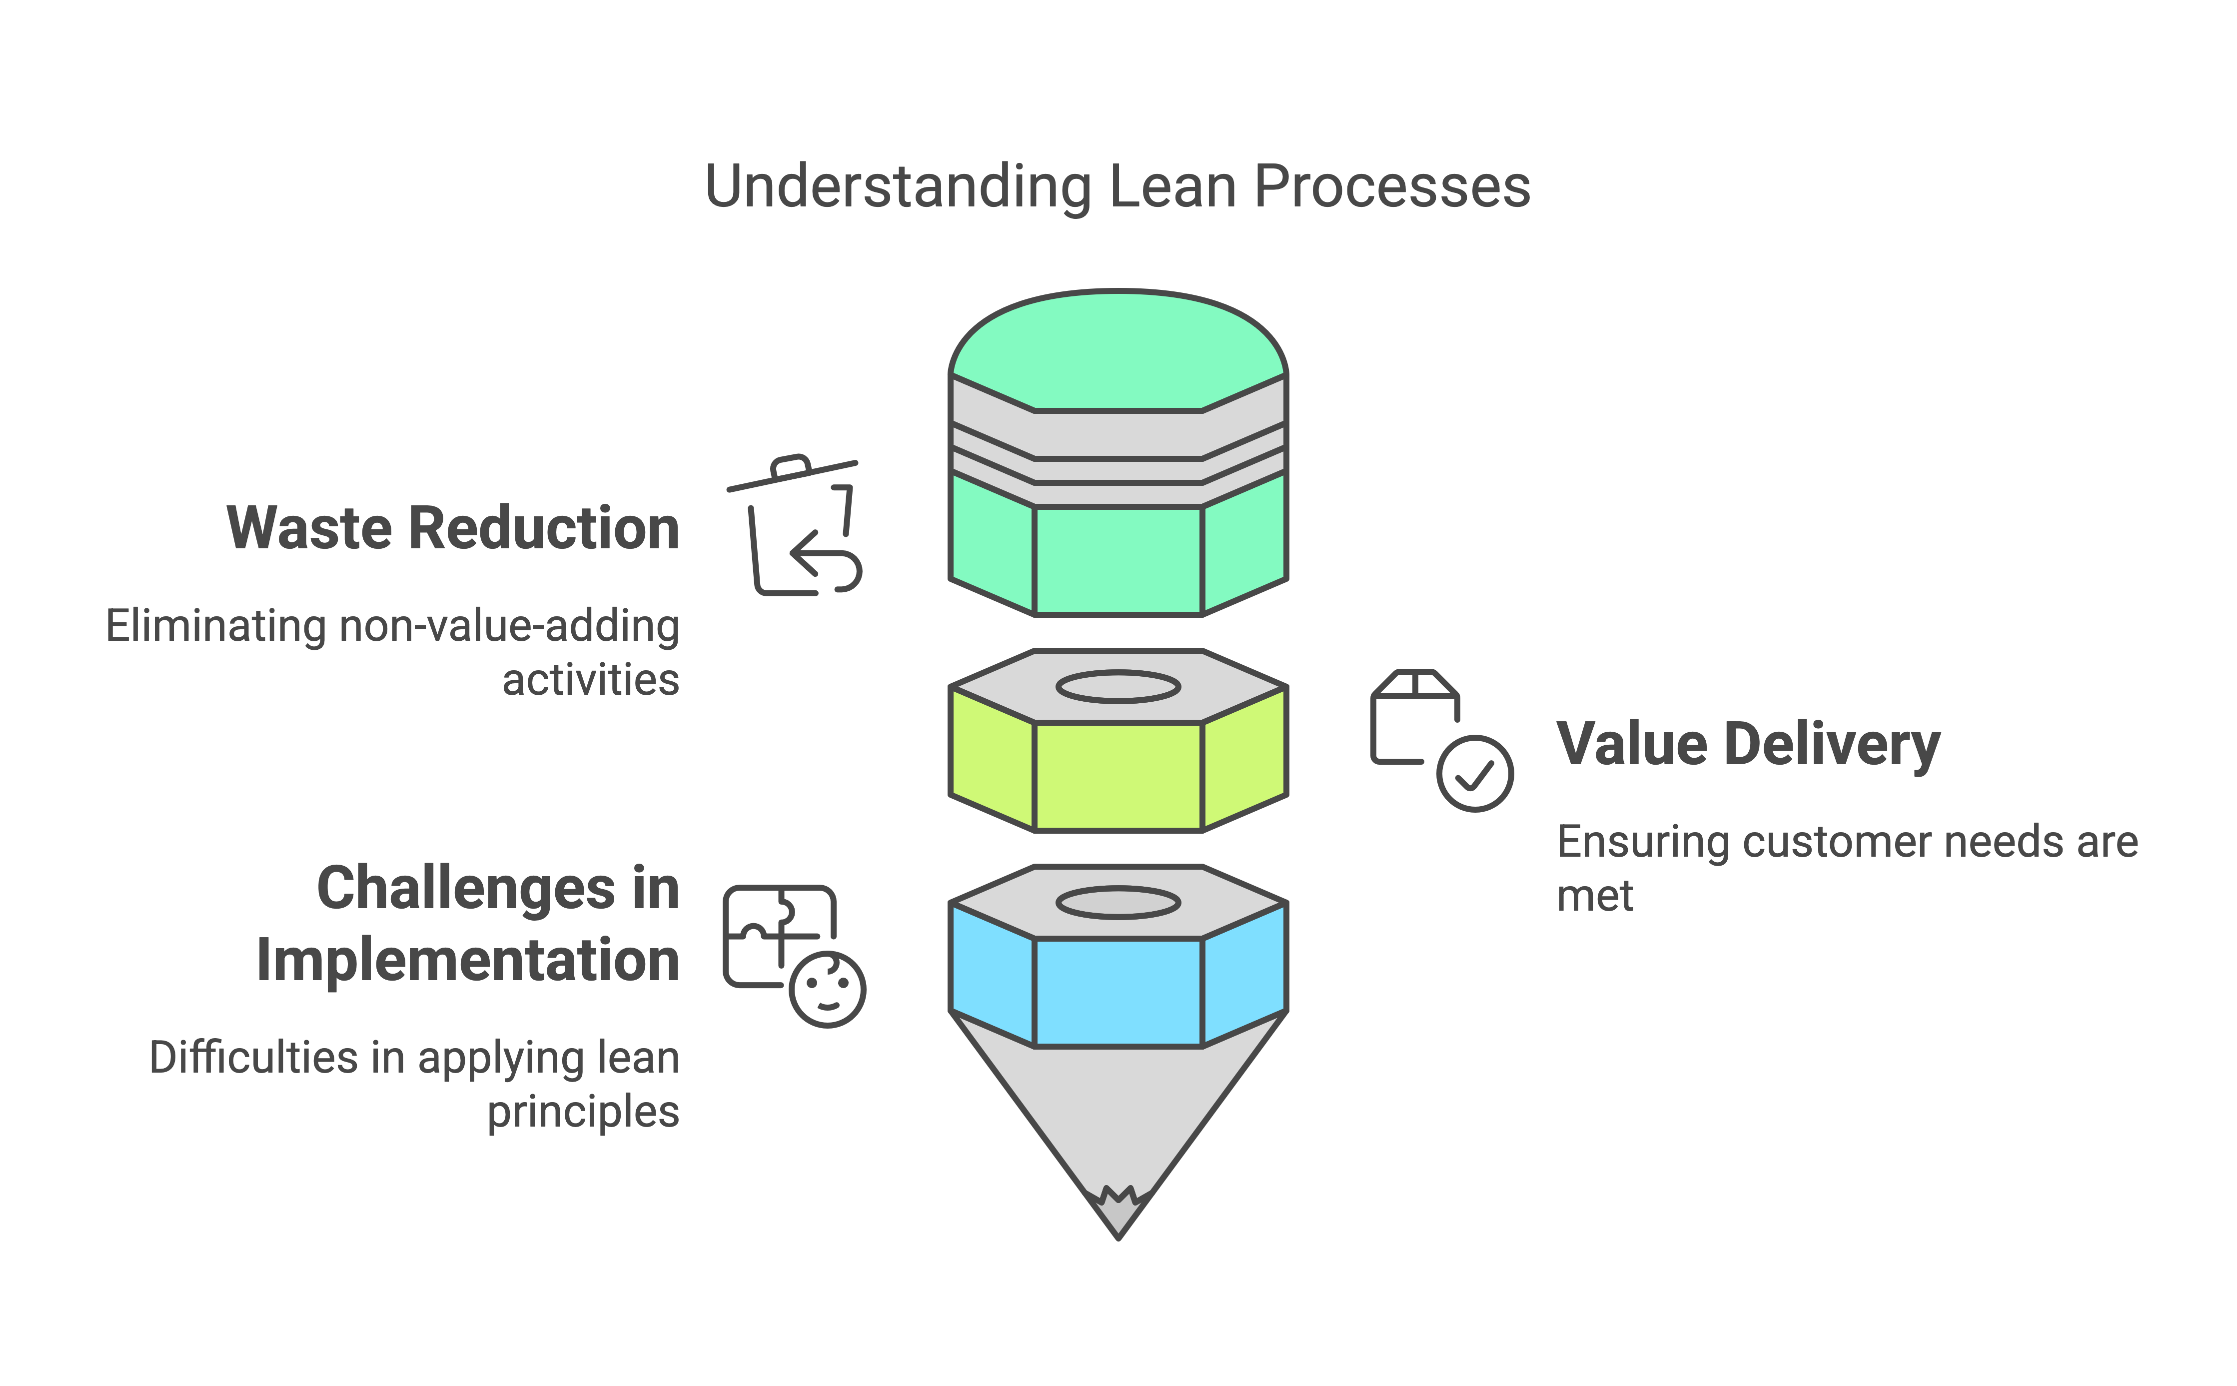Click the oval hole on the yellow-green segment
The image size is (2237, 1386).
tap(1118, 687)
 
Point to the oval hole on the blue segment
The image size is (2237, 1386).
tap(1118, 903)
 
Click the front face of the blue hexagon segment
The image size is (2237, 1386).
tap(1118, 992)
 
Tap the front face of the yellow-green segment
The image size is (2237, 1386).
tap(1118, 776)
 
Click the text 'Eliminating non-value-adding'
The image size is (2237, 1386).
tap(392, 626)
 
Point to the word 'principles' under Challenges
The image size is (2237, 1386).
tap(583, 1112)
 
